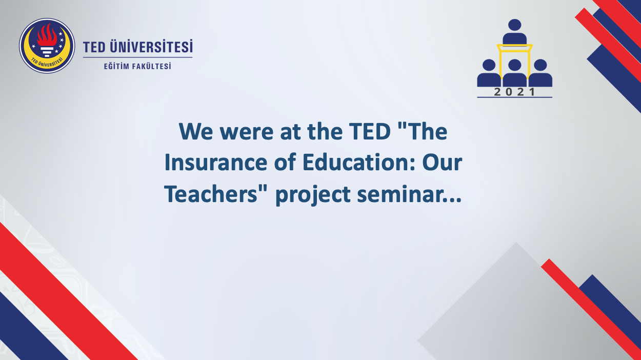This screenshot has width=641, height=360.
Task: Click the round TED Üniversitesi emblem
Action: pos(47,46)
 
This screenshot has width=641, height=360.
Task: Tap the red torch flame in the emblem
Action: pos(47,35)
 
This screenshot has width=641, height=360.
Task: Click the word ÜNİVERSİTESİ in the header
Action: pos(151,47)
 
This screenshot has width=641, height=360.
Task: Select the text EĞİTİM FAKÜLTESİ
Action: pos(137,66)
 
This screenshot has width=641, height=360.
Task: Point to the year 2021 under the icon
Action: pos(514,92)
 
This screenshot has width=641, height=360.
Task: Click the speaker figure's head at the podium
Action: pos(514,25)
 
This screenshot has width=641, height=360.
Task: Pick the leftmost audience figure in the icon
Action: pos(489,73)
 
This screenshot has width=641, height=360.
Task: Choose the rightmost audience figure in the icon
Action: pos(540,73)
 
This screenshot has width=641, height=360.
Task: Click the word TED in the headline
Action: pos(370,132)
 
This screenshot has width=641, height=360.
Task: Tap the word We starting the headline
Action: pos(196,132)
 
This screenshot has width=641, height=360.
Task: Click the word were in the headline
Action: pos(246,133)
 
